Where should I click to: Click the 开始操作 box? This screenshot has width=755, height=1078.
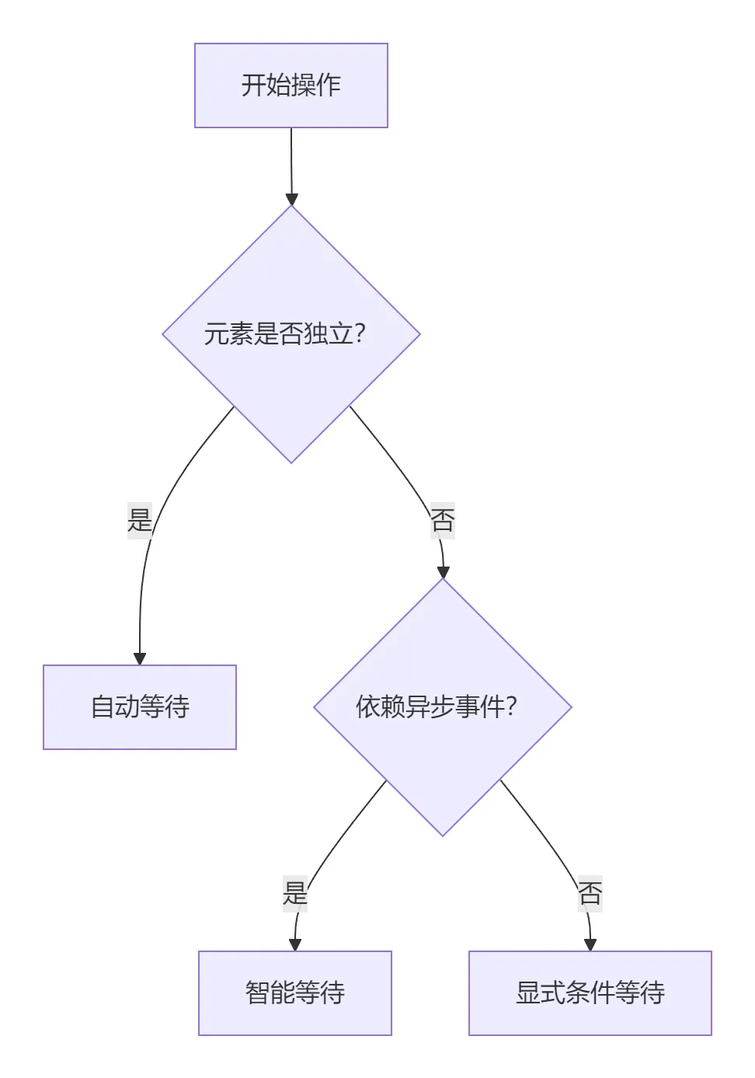click(291, 85)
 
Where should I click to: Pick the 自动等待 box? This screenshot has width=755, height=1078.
click(140, 707)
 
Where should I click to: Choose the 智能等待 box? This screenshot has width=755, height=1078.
click(295, 993)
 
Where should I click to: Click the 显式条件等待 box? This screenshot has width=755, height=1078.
click(590, 993)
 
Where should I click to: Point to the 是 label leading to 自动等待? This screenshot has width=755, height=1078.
click(140, 520)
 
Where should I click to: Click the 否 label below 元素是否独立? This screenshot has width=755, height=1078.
click(443, 520)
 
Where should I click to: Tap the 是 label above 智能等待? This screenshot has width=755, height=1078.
click(295, 893)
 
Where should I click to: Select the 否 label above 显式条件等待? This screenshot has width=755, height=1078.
click(590, 893)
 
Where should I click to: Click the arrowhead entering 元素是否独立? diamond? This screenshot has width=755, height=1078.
click(291, 199)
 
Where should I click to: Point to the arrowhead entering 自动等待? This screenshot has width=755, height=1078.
click(140, 659)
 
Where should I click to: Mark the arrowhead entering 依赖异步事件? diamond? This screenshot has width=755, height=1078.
click(443, 573)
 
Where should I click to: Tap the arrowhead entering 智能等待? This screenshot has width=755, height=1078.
click(295, 945)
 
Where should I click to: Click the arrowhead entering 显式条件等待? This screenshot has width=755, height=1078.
click(590, 945)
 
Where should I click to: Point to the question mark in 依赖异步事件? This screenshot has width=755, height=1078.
click(511, 706)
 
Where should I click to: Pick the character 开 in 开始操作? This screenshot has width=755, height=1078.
click(254, 85)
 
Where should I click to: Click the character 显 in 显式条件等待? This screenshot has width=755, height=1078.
click(528, 993)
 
